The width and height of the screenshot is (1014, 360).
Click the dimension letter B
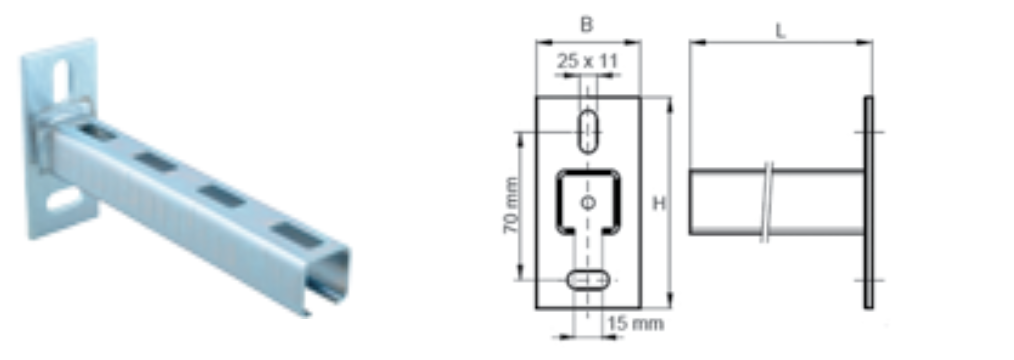pyautogui.click(x=586, y=25)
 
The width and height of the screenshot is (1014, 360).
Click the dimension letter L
pyautogui.click(x=781, y=31)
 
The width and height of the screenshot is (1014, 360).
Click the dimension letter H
pyautogui.click(x=658, y=204)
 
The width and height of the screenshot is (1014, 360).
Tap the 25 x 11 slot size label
pyautogui.click(x=588, y=61)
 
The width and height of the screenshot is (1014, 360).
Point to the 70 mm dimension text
pyautogui.click(x=510, y=206)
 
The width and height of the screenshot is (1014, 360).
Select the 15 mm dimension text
pyautogui.click(x=636, y=323)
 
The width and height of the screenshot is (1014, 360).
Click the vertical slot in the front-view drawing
pyautogui.click(x=588, y=132)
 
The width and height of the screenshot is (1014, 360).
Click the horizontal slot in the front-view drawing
pyautogui.click(x=588, y=279)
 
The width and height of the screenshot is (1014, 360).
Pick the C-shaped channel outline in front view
pyautogui.click(x=559, y=202)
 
